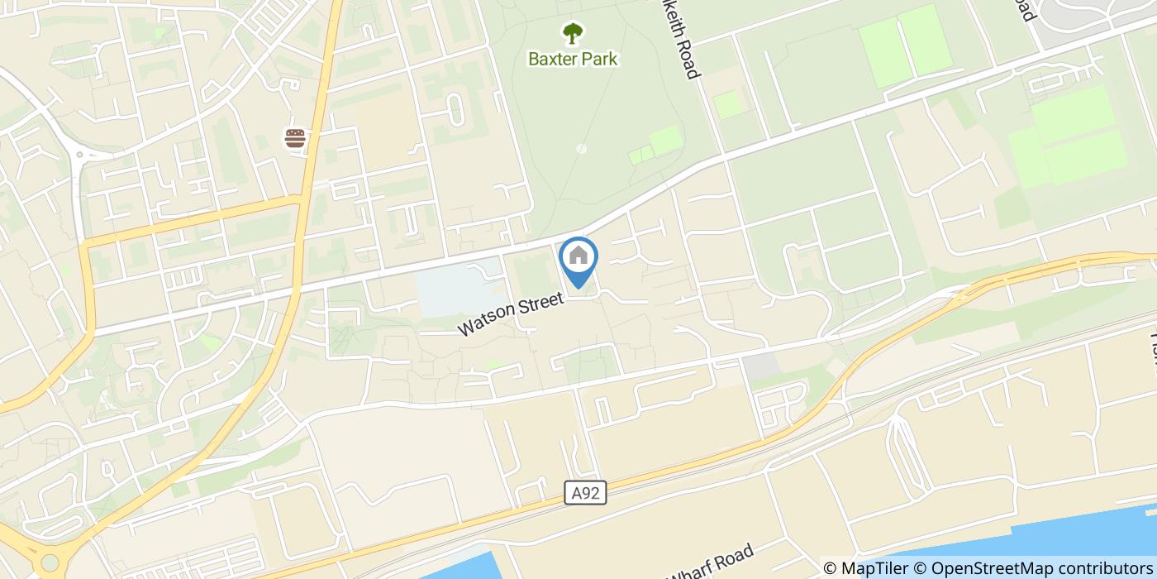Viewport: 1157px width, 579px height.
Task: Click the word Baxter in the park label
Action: click(x=554, y=60)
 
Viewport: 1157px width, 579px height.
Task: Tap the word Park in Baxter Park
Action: click(x=598, y=60)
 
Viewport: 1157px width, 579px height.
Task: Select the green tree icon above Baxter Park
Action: click(x=572, y=34)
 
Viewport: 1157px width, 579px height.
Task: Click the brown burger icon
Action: click(x=296, y=138)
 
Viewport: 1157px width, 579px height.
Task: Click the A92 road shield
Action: click(x=587, y=494)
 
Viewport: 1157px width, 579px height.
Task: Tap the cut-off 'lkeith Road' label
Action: click(x=683, y=39)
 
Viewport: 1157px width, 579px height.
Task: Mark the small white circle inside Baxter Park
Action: click(x=581, y=149)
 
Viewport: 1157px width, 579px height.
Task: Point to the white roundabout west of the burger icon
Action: click(x=80, y=154)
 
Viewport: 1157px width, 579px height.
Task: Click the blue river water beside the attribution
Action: click(x=1074, y=538)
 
